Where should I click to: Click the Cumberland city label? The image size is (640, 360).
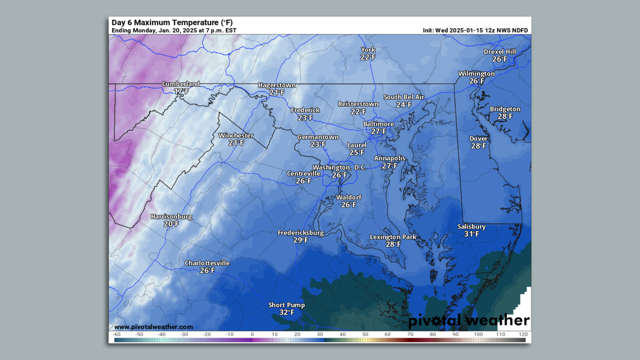[180, 84]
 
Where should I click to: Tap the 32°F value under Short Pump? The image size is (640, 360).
[286, 313]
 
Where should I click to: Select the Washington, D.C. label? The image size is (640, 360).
[339, 167]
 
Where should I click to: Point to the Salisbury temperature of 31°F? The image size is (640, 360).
[471, 234]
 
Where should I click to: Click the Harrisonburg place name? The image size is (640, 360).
[171, 217]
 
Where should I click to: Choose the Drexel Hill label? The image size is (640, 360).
[499, 52]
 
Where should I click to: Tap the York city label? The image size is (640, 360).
[368, 49]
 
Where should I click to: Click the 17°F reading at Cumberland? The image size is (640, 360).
[181, 91]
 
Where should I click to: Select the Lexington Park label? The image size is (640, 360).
[393, 237]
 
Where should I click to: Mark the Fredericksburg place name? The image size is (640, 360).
[300, 233]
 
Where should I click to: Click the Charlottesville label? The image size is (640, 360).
[207, 263]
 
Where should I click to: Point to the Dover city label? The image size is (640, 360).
[478, 138]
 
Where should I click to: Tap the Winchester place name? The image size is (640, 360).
[236, 135]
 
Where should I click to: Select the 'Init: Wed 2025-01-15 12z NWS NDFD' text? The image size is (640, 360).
[475, 30]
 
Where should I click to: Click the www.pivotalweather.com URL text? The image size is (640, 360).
[153, 327]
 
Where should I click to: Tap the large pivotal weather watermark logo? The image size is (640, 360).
[468, 320]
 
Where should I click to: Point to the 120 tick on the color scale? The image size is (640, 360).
[523, 334]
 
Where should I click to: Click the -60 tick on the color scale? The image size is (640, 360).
[116, 334]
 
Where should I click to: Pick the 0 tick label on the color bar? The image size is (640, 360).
[252, 334]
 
